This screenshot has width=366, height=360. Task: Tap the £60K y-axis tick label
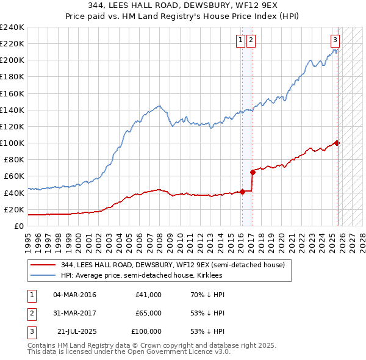[14, 176]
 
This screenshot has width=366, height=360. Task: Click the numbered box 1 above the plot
[241, 41]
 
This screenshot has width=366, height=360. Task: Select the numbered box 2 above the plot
[251, 41]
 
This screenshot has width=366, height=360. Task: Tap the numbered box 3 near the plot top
[335, 41]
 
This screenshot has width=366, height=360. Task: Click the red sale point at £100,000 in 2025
[337, 143]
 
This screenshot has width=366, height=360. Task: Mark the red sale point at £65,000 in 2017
[252, 172]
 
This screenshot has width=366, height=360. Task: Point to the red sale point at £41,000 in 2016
[242, 192]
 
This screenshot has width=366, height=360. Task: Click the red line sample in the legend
[43, 265]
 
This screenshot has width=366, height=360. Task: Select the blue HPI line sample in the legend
[43, 275]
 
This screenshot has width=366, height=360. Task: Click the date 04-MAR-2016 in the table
[74, 295]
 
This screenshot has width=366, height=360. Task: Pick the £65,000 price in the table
[148, 313]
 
